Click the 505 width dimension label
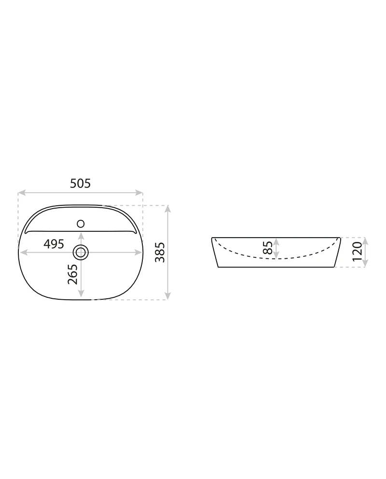coord(81,183)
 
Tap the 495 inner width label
coord(54,244)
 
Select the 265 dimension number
coord(73,274)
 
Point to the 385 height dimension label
coord(160,253)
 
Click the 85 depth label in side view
coord(268,248)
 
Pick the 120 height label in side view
coord(357,251)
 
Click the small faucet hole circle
coord(81,224)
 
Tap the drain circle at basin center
coord(81,253)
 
